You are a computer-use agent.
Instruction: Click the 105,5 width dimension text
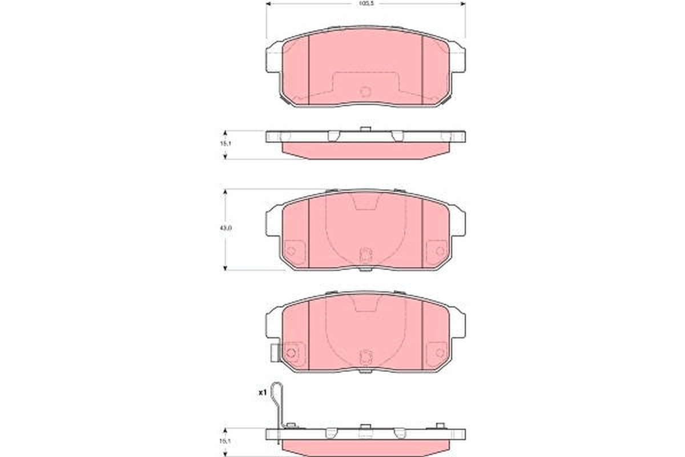pos(365,3)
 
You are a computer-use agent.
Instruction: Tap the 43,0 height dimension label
pos(226,227)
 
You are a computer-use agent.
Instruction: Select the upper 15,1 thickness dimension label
pos(226,144)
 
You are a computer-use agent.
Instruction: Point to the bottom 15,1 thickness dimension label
pos(226,442)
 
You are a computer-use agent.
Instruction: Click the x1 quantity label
pos(263,393)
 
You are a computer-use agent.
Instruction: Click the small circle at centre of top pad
pos(365,91)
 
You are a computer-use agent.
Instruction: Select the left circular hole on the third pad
pos(291,353)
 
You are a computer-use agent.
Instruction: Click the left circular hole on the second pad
pos(291,250)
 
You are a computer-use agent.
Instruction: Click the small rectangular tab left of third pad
pos(274,354)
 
